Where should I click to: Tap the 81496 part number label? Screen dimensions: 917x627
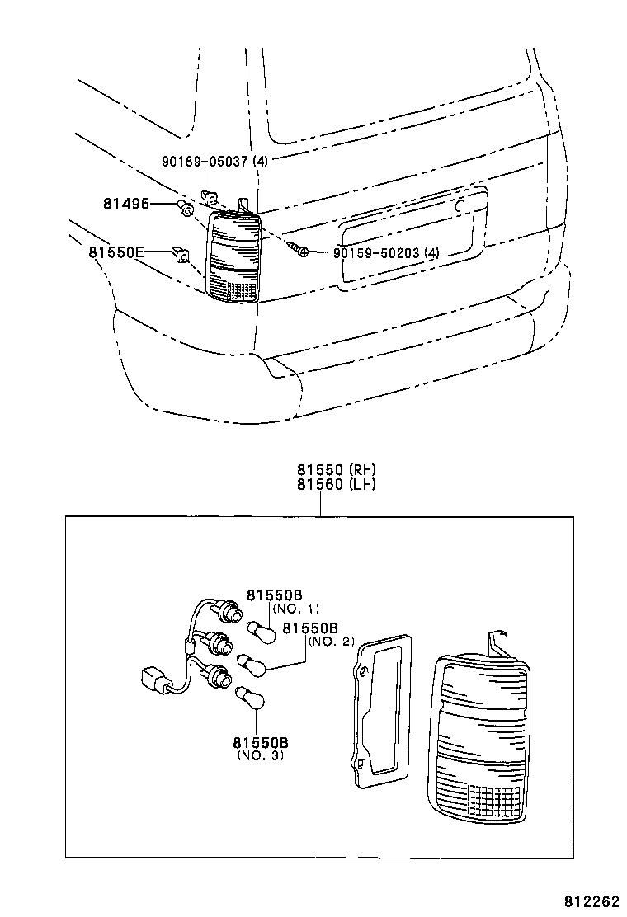tap(126, 203)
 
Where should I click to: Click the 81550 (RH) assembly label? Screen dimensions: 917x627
tap(337, 470)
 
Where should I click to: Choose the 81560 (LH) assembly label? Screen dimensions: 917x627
tap(337, 484)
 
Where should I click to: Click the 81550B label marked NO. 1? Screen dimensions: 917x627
tap(274, 595)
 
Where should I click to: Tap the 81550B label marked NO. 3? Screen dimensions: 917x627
tap(260, 742)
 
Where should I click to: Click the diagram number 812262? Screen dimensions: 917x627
tap(592, 902)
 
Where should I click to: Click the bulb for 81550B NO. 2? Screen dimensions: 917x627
tap(248, 662)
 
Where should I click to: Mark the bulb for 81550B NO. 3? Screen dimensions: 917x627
tap(249, 697)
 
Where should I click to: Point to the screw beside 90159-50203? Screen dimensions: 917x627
tap(299, 248)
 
